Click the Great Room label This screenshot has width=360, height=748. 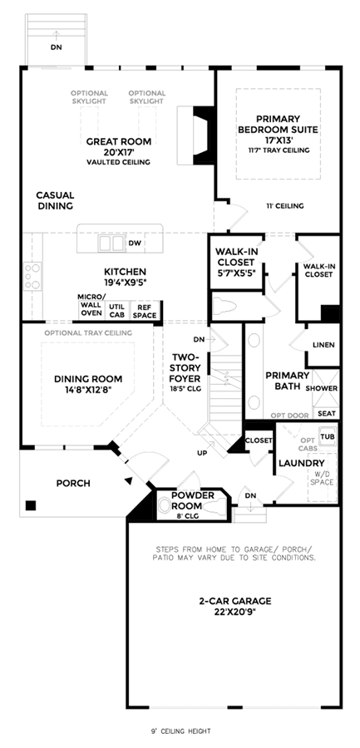118,141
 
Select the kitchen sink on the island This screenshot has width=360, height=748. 111,244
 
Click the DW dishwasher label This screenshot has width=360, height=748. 134,244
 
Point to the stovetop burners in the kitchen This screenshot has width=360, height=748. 33,276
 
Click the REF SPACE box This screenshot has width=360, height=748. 145,311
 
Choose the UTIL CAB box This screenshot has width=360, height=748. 117,311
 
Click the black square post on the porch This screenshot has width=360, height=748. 31,505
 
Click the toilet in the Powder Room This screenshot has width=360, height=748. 167,505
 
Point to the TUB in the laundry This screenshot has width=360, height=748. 327,436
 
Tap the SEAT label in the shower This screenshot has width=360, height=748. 327,414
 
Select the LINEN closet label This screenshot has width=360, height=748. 323,345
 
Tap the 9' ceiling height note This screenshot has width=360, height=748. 180,731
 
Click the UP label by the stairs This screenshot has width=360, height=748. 202,453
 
